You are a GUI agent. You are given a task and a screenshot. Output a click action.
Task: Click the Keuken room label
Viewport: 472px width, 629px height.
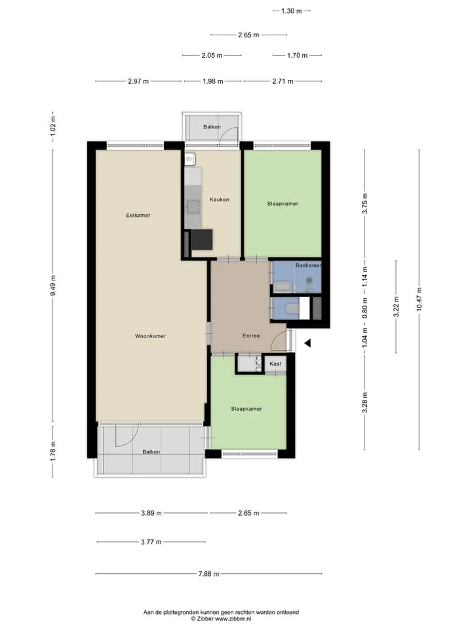(219, 199)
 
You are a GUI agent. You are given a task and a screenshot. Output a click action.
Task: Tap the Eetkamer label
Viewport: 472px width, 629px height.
(138, 216)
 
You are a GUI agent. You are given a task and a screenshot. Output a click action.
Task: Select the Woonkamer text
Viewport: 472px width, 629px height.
(150, 336)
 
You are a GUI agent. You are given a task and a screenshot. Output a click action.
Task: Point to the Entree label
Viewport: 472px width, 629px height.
(251, 335)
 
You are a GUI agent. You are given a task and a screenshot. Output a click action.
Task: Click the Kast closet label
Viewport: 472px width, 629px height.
(275, 364)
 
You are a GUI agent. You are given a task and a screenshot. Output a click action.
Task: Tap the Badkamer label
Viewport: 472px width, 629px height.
(308, 265)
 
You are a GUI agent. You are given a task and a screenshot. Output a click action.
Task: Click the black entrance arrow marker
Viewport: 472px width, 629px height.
(307, 343)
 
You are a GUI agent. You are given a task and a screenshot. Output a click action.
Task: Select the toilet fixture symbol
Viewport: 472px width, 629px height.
(290, 308)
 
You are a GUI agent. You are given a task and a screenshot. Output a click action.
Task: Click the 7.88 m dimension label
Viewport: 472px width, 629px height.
(208, 574)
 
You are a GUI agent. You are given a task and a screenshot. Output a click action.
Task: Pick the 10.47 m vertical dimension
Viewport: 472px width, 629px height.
(419, 299)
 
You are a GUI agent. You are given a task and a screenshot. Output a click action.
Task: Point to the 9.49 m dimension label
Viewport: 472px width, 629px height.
(53, 286)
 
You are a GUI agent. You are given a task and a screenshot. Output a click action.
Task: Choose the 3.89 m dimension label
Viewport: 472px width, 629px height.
(151, 513)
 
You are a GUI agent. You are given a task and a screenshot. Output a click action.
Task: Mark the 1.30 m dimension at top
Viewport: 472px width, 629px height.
(291, 11)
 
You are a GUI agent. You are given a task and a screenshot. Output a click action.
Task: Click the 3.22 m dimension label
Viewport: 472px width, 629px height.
(396, 307)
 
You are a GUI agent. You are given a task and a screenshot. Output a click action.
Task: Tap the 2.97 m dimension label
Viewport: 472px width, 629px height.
(138, 81)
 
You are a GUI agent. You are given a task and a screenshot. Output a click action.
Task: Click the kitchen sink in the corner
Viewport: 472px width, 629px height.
(190, 159)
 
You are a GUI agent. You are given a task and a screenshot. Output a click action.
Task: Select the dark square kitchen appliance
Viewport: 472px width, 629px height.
(202, 240)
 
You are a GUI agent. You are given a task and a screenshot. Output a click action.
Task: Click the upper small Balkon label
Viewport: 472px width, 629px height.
(212, 126)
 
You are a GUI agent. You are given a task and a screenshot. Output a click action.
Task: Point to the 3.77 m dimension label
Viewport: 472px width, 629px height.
(151, 542)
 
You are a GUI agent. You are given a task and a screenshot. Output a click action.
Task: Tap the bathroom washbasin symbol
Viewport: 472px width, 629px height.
(283, 286)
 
